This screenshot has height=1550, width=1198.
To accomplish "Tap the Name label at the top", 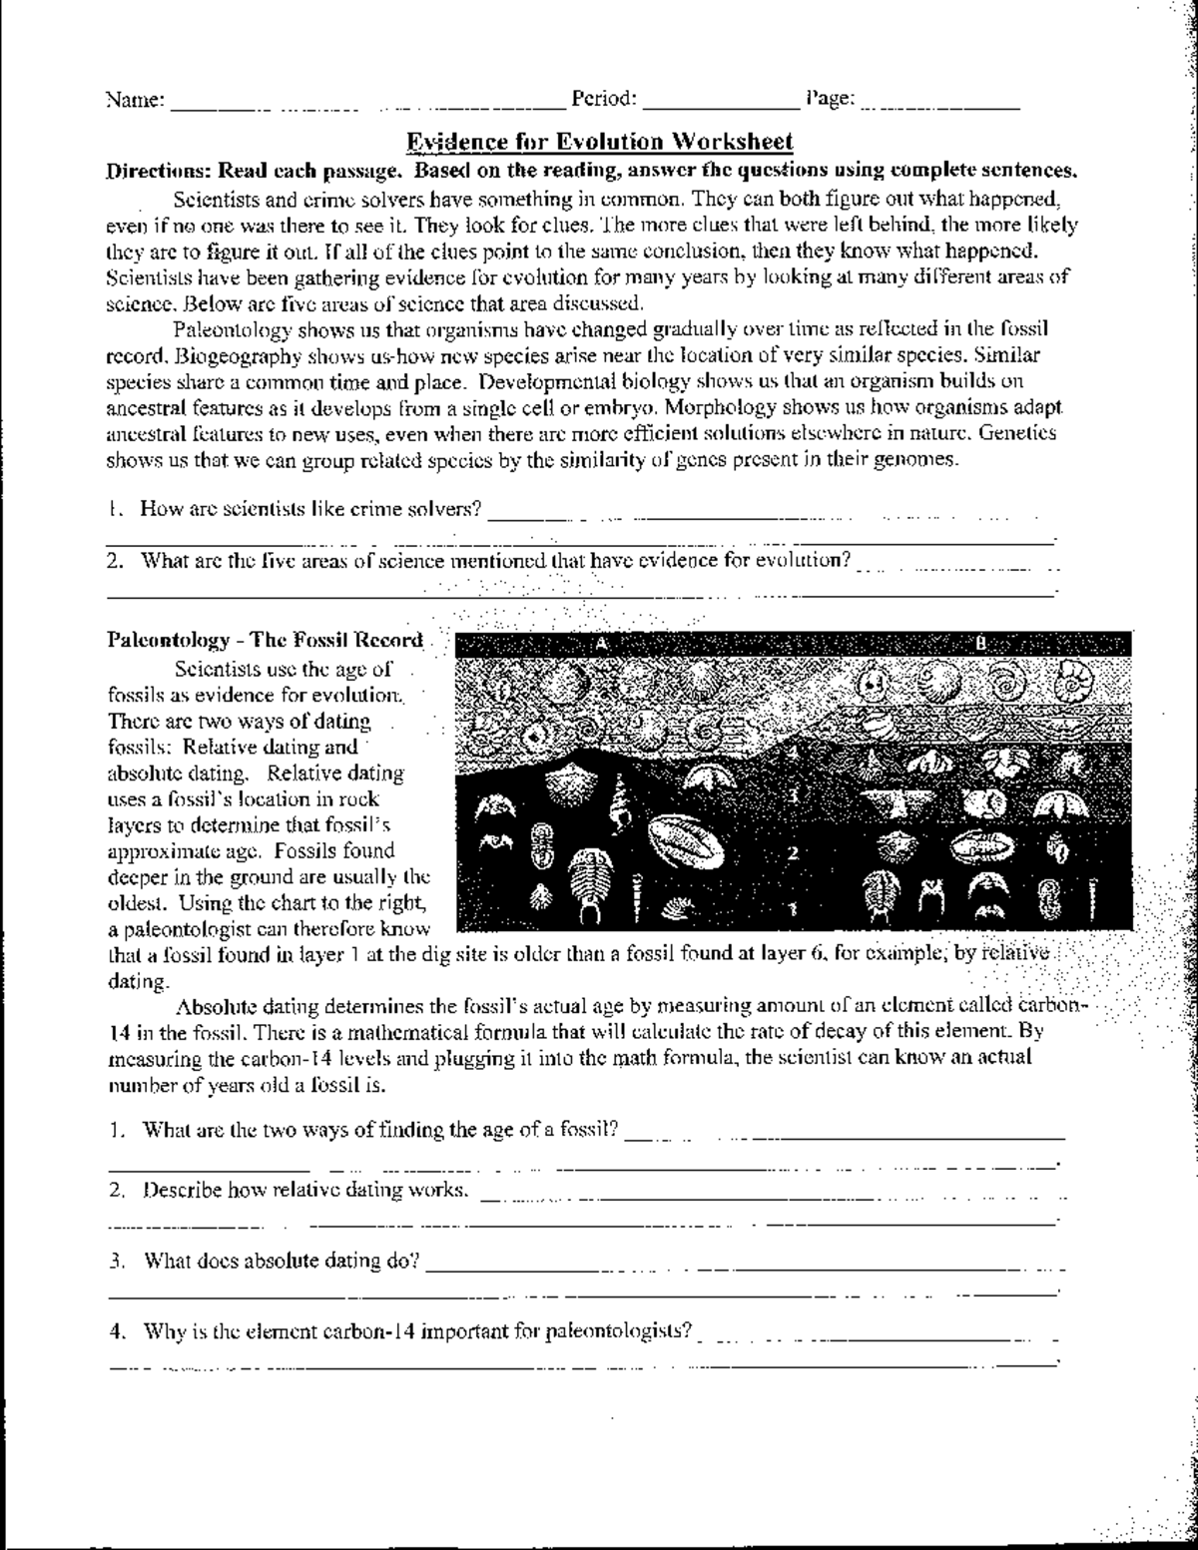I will pyautogui.click(x=135, y=99).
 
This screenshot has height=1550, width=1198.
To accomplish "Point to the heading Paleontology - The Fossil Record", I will pyautogui.click(x=265, y=640).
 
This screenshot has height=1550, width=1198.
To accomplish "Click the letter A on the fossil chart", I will pyautogui.click(x=601, y=644).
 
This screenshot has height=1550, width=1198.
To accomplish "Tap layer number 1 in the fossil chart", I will pyautogui.click(x=792, y=908).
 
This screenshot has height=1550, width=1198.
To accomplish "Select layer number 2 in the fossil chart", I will pyautogui.click(x=793, y=852).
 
